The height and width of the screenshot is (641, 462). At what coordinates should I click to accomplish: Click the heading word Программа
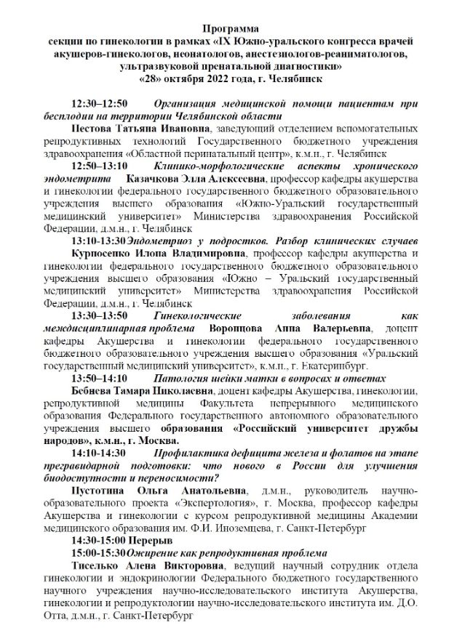pyautogui.click(x=231, y=28)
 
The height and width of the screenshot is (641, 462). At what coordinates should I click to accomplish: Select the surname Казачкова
pyautogui.click(x=155, y=179)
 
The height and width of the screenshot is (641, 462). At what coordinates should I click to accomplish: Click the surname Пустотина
pyautogui.click(x=100, y=491)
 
